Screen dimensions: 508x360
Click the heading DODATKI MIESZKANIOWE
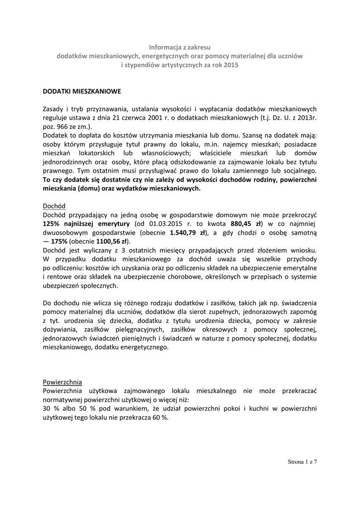click(81, 92)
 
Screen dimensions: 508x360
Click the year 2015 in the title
click(230, 65)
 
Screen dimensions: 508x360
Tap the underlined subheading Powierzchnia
click(63, 382)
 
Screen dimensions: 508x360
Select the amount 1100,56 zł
click(110, 241)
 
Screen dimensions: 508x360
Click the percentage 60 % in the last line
click(160, 418)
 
